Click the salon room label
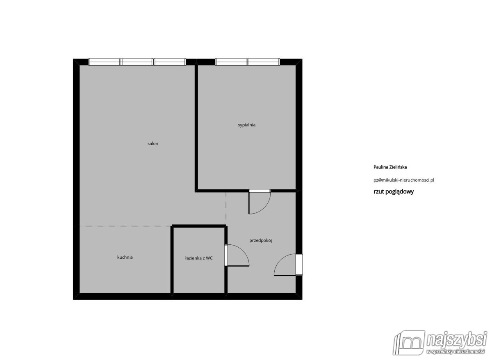[153, 144]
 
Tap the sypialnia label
[246, 125]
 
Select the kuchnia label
[125, 257]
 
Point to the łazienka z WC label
[199, 258]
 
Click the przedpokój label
[260, 241]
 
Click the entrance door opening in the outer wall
[299, 264]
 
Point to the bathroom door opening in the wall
[226, 255]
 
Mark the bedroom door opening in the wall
[260, 191]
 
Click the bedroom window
[247, 62]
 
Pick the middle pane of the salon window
[137, 62]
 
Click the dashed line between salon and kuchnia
[125, 226]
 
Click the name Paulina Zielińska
[390, 167]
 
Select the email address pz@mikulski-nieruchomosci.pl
[404, 180]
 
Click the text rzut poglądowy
[394, 191]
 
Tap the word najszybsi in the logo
[457, 339]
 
